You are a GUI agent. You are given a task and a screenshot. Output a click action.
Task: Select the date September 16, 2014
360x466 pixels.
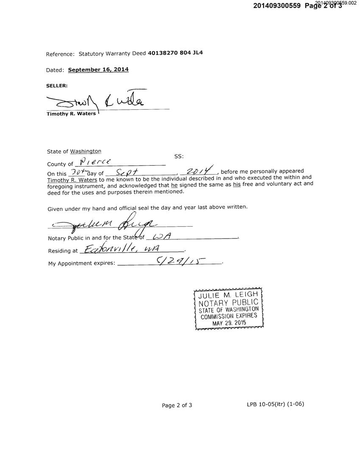click(x=98, y=69)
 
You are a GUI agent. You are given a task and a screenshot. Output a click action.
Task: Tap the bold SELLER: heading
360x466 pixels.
click(x=57, y=86)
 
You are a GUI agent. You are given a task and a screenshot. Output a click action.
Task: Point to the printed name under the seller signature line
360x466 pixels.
click(x=71, y=114)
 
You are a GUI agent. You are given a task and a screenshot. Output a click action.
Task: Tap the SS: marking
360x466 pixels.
click(x=179, y=156)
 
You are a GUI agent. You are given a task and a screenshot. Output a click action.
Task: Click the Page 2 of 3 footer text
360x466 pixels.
click(x=177, y=405)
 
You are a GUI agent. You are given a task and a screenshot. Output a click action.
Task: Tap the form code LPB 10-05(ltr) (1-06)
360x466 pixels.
click(x=275, y=404)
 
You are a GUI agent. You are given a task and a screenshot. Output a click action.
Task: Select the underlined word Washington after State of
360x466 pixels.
click(x=86, y=151)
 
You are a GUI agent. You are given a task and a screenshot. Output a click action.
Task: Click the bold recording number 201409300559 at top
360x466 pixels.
click(x=277, y=6)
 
